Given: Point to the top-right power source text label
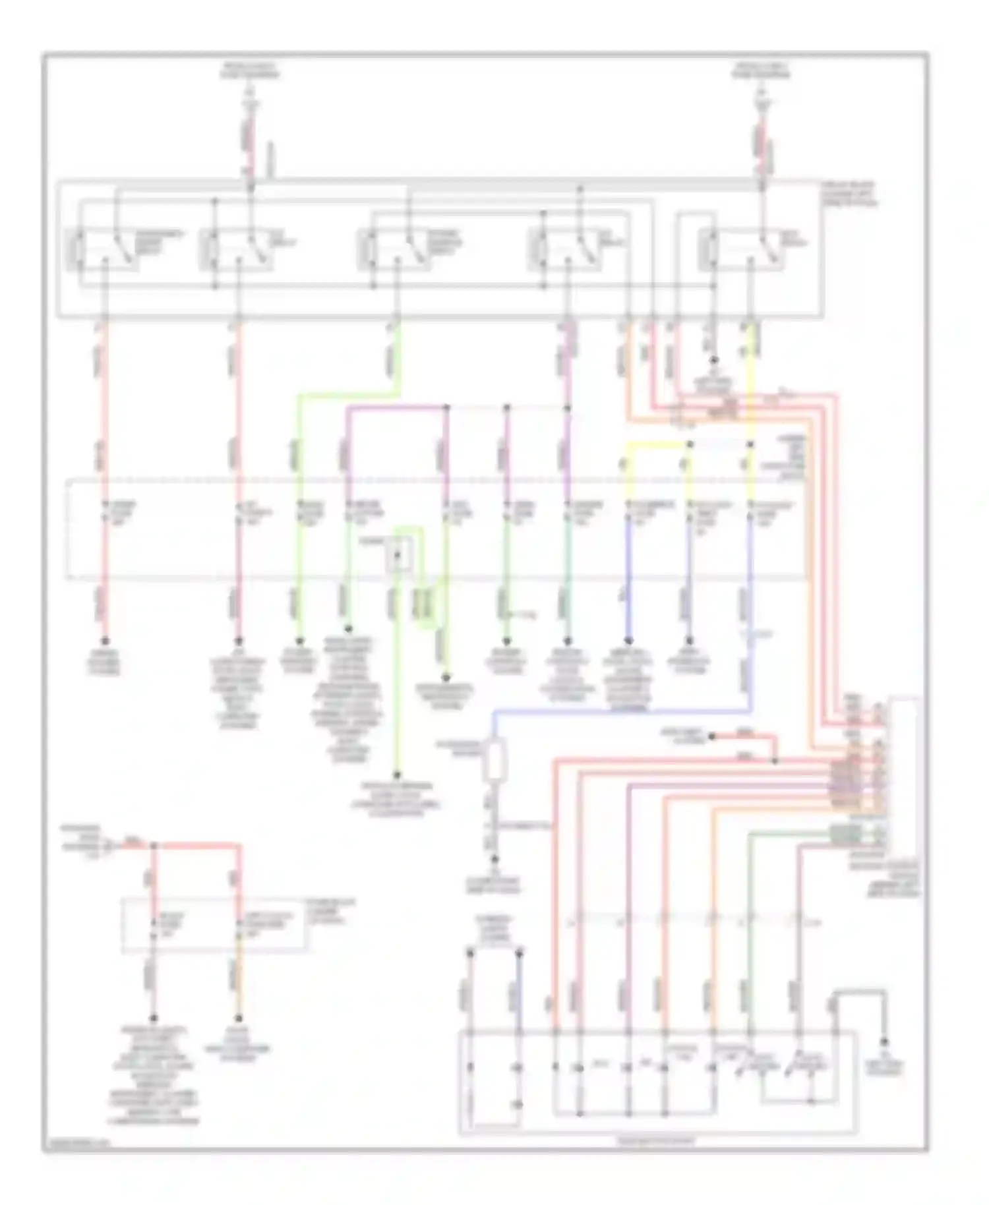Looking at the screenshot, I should pyautogui.click(x=762, y=71).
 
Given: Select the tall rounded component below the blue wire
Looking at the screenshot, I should pyautogui.click(x=494, y=761).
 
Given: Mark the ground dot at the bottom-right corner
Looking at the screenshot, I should pyautogui.click(x=885, y=1042).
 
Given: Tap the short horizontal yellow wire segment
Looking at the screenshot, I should pyautogui.click(x=656, y=444).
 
